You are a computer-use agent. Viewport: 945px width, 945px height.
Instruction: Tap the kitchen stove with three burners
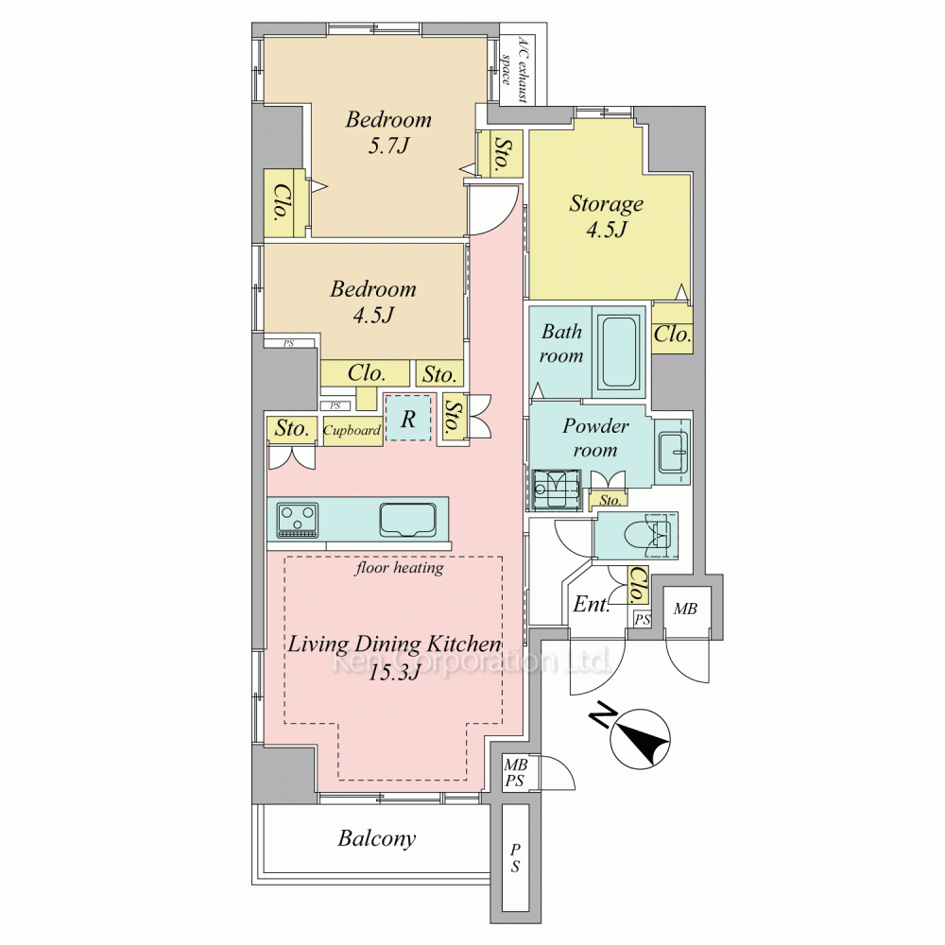297,519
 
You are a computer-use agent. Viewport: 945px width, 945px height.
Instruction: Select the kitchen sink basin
408,519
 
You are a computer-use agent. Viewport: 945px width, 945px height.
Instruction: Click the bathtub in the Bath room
619,352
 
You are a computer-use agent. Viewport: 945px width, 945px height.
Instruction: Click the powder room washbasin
674,453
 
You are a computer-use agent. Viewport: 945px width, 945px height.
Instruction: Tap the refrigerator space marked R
408,418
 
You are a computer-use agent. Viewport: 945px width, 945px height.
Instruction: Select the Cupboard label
352,430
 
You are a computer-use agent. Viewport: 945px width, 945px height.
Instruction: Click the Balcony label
377,838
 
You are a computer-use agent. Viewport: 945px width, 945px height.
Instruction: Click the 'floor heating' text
400,568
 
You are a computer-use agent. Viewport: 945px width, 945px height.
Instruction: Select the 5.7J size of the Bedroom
388,146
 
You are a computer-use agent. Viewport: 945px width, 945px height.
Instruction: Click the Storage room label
607,204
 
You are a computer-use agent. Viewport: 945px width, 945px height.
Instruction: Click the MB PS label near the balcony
515,773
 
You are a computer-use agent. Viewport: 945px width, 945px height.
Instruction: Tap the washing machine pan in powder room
557,489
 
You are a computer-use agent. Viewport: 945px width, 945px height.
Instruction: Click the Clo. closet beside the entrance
637,584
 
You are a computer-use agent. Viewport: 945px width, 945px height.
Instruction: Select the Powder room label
595,438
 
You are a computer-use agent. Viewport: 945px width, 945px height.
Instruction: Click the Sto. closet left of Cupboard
292,428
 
